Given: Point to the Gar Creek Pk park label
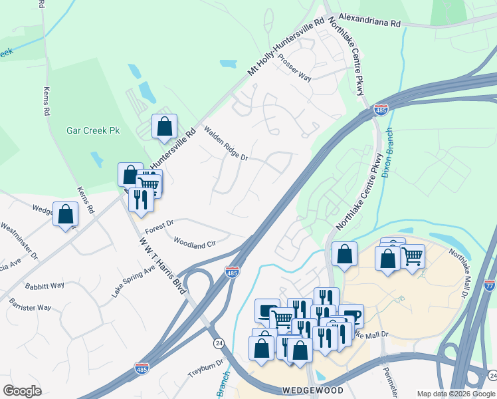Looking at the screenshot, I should coord(91,130).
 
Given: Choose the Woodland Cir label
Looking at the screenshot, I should coord(194,242).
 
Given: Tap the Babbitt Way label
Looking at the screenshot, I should coord(45,285).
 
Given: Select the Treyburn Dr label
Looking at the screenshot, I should coord(203,368).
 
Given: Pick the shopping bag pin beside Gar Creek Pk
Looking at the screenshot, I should coord(164,126).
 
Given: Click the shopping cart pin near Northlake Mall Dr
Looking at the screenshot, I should coord(412,255).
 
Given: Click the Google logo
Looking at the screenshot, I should coord(22,391).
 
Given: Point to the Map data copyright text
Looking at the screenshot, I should coord(456,393).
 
